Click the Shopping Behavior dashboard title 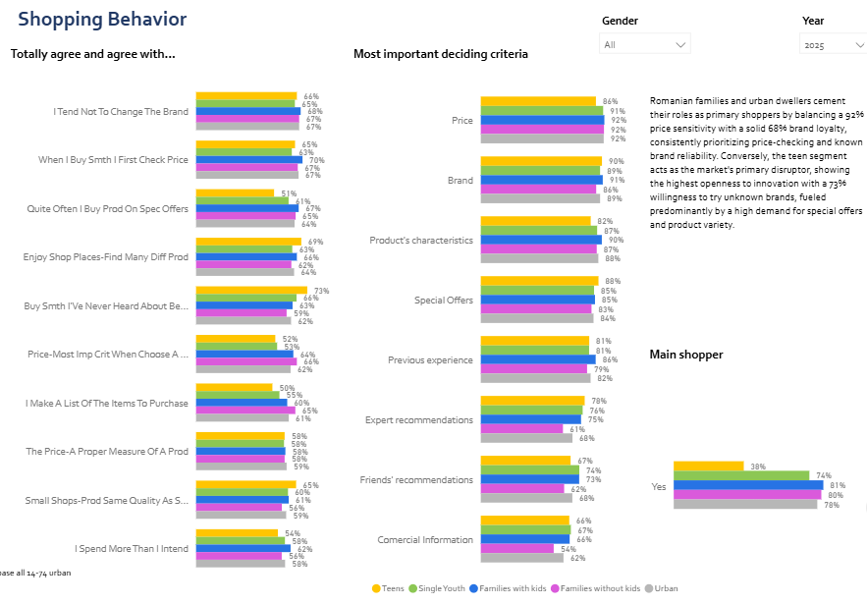[x=102, y=20]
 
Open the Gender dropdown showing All [x=644, y=44]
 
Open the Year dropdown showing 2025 [x=832, y=44]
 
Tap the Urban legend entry [x=663, y=588]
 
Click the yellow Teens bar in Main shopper [x=709, y=467]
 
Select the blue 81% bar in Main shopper [x=748, y=485]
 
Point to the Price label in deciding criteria [x=461, y=120]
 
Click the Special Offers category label [x=443, y=301]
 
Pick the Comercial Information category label [x=425, y=540]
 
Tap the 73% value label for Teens [x=321, y=291]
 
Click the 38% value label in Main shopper [x=757, y=467]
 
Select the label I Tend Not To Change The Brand [x=120, y=112]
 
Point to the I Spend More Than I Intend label [x=131, y=549]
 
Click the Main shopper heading [x=686, y=355]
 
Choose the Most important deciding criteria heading [x=440, y=54]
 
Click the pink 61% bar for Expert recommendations [x=521, y=428]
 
